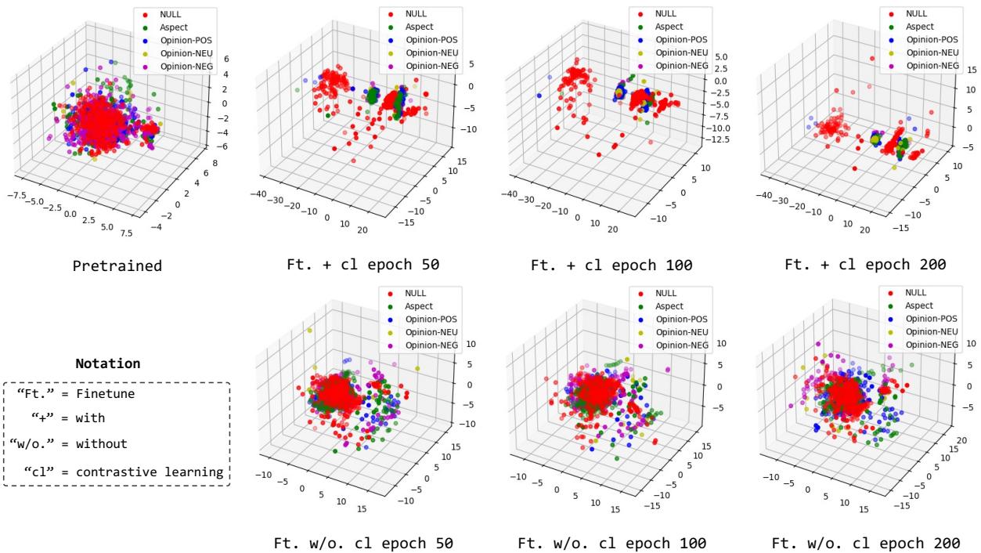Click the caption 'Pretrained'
pyautogui.click(x=117, y=266)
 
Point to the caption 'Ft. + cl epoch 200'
pyautogui.click(x=866, y=266)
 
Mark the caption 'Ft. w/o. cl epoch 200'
pyautogui.click(x=866, y=543)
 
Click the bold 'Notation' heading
pyautogui.click(x=108, y=364)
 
